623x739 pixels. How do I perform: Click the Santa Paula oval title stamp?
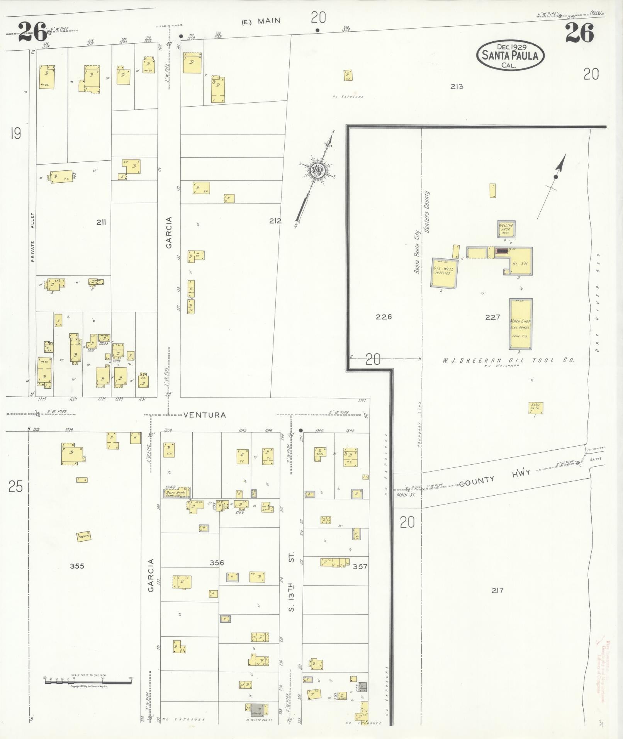(x=510, y=55)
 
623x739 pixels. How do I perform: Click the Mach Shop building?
(x=521, y=324)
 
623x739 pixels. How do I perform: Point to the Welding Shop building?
(x=506, y=229)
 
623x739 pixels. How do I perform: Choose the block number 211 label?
(x=101, y=222)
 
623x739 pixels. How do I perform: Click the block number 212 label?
(x=275, y=221)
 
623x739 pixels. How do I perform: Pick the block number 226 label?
(x=384, y=317)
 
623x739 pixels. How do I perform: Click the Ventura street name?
(x=204, y=415)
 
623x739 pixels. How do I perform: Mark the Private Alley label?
(x=33, y=237)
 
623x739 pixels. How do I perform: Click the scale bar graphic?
(x=88, y=682)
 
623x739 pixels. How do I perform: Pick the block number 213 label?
(x=457, y=87)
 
